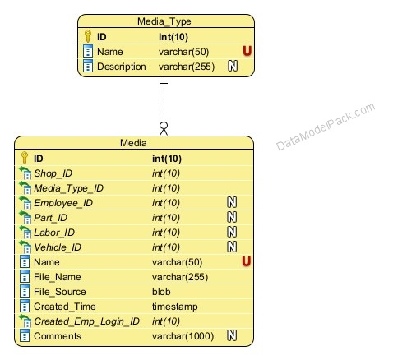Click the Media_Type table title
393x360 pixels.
[164, 21]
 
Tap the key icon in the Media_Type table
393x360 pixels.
[88, 36]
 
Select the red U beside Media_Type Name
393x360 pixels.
[247, 51]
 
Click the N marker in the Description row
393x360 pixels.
[233, 66]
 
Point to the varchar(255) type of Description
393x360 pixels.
[187, 67]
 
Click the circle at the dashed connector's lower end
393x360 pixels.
[164, 126]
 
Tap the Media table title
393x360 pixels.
[133, 143]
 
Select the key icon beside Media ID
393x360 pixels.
[25, 158]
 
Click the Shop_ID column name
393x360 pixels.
[53, 173]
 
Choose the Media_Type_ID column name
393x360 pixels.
[68, 188]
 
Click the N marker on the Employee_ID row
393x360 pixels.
[232, 202]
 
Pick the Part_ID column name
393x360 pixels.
[50, 218]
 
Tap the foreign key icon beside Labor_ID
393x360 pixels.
[25, 233]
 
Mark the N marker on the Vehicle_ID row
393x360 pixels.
[232, 247]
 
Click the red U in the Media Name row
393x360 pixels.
[247, 261]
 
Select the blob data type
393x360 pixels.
[161, 292]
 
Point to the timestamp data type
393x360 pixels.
[175, 307]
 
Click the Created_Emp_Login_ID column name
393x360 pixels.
[86, 321]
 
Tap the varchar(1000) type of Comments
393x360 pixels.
[183, 336]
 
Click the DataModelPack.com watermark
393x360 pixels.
[326, 127]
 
